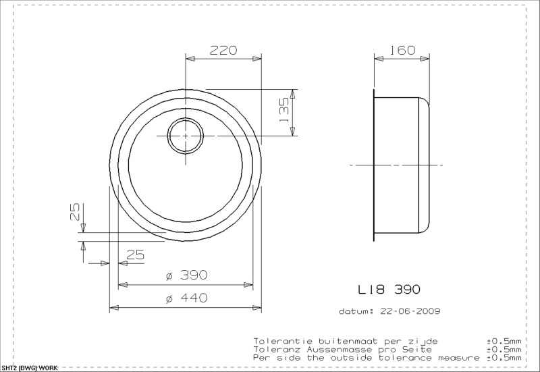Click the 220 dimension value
coord(223,50)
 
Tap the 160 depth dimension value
coord(402,50)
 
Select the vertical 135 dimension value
coord(285,110)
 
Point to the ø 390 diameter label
coord(186,275)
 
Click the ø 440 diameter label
coord(186,298)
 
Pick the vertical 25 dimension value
coord(75,211)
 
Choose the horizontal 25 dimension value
coord(135,255)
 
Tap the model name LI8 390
coord(389,290)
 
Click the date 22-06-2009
coord(410,311)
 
